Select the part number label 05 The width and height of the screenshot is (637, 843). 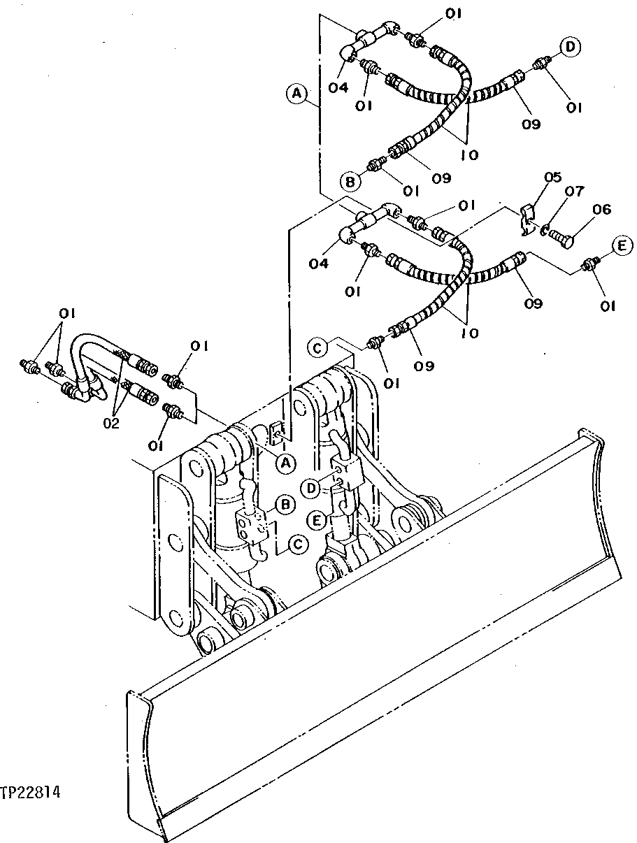552,178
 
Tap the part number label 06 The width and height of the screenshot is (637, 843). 601,209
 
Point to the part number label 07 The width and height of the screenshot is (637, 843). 573,191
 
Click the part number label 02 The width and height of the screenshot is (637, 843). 111,423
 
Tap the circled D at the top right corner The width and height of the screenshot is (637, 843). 570,47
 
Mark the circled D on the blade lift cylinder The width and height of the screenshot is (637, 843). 313,486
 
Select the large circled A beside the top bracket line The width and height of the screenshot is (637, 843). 296,92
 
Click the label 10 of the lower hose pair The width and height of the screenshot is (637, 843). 469,333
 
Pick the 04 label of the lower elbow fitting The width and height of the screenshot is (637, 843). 318,264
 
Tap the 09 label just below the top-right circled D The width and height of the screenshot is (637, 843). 531,125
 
